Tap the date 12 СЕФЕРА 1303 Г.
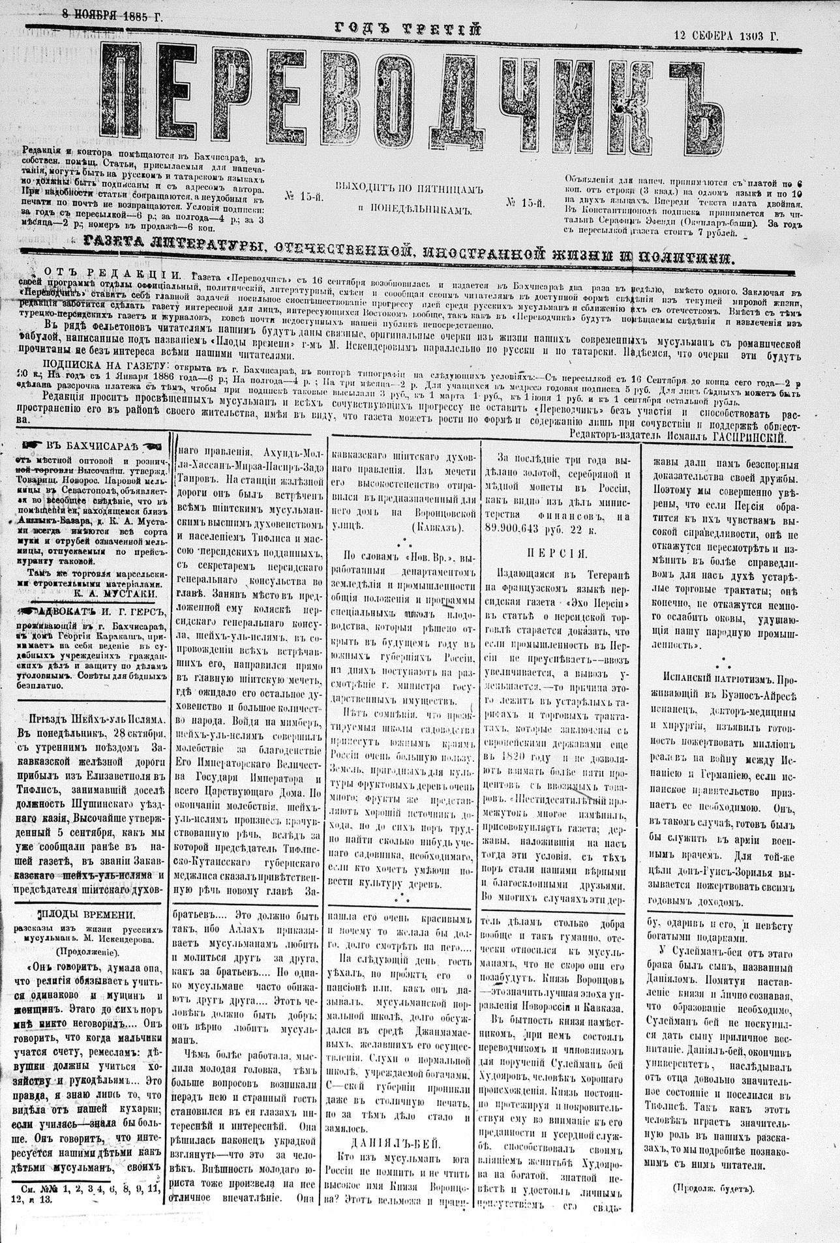click(726, 37)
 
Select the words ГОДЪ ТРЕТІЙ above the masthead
click(408, 28)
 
